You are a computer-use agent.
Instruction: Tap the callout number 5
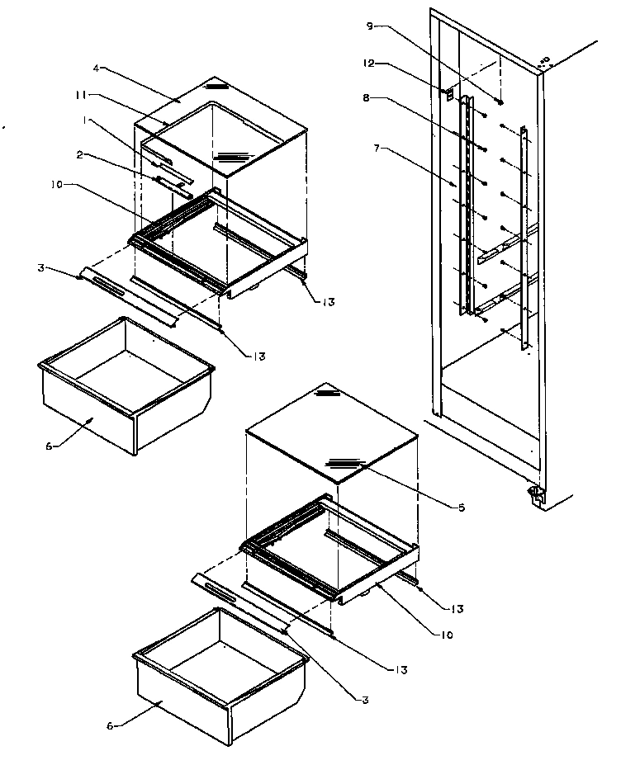pyautogui.click(x=460, y=507)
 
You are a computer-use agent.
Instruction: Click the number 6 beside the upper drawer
pyautogui.click(x=49, y=446)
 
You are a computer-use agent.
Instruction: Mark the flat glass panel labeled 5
pyautogui.click(x=330, y=433)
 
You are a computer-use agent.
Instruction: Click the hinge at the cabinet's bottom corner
pyautogui.click(x=534, y=494)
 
